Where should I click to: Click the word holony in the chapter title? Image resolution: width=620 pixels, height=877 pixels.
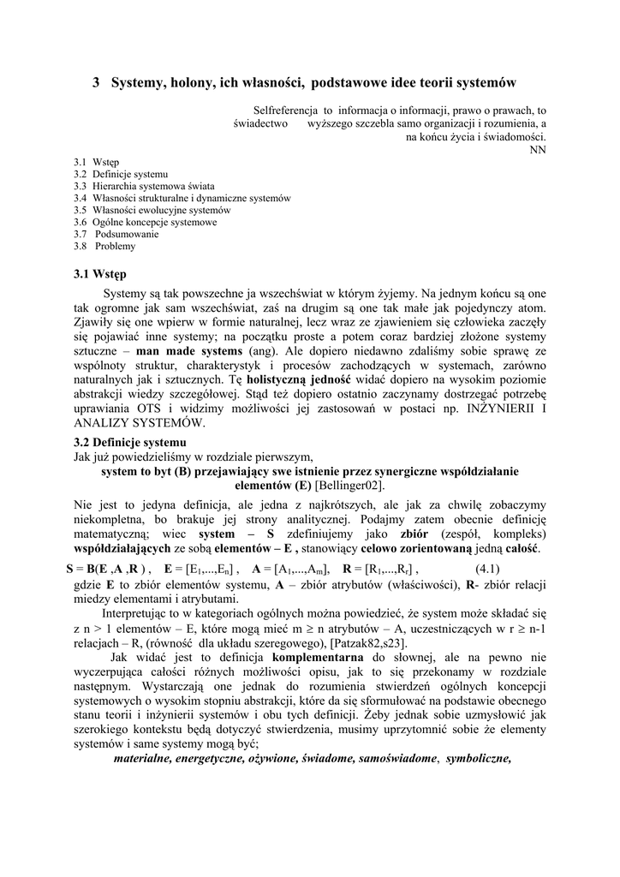click(193, 83)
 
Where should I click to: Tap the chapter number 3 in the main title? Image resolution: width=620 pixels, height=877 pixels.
click(96, 83)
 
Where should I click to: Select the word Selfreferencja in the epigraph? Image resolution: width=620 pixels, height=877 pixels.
click(286, 110)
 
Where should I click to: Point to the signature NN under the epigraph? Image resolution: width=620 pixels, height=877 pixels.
click(538, 149)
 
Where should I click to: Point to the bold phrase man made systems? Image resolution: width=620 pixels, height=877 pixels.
click(189, 351)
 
